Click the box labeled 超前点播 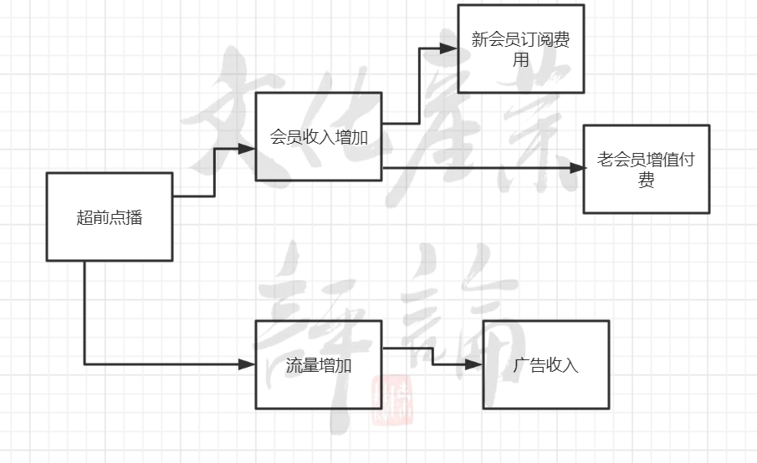coord(109,217)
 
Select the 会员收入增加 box coord(319,136)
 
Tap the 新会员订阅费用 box coord(520,48)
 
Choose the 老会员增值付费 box coord(646,169)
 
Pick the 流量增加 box coord(319,365)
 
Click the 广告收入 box coord(545,364)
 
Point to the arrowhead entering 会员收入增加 coord(248,149)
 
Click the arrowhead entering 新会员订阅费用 coord(450,48)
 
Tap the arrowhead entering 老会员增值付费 coord(576,168)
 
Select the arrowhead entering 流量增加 coord(248,364)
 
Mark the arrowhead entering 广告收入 coord(476,364)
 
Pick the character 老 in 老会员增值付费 coord(605,160)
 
